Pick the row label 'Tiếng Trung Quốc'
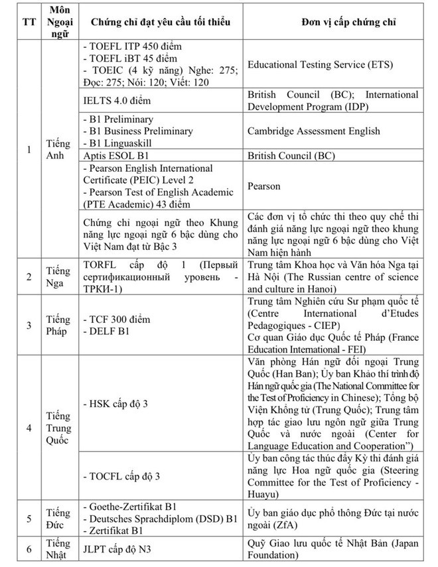(58, 426)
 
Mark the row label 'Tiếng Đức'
(58, 517)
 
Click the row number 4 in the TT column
(28, 426)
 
